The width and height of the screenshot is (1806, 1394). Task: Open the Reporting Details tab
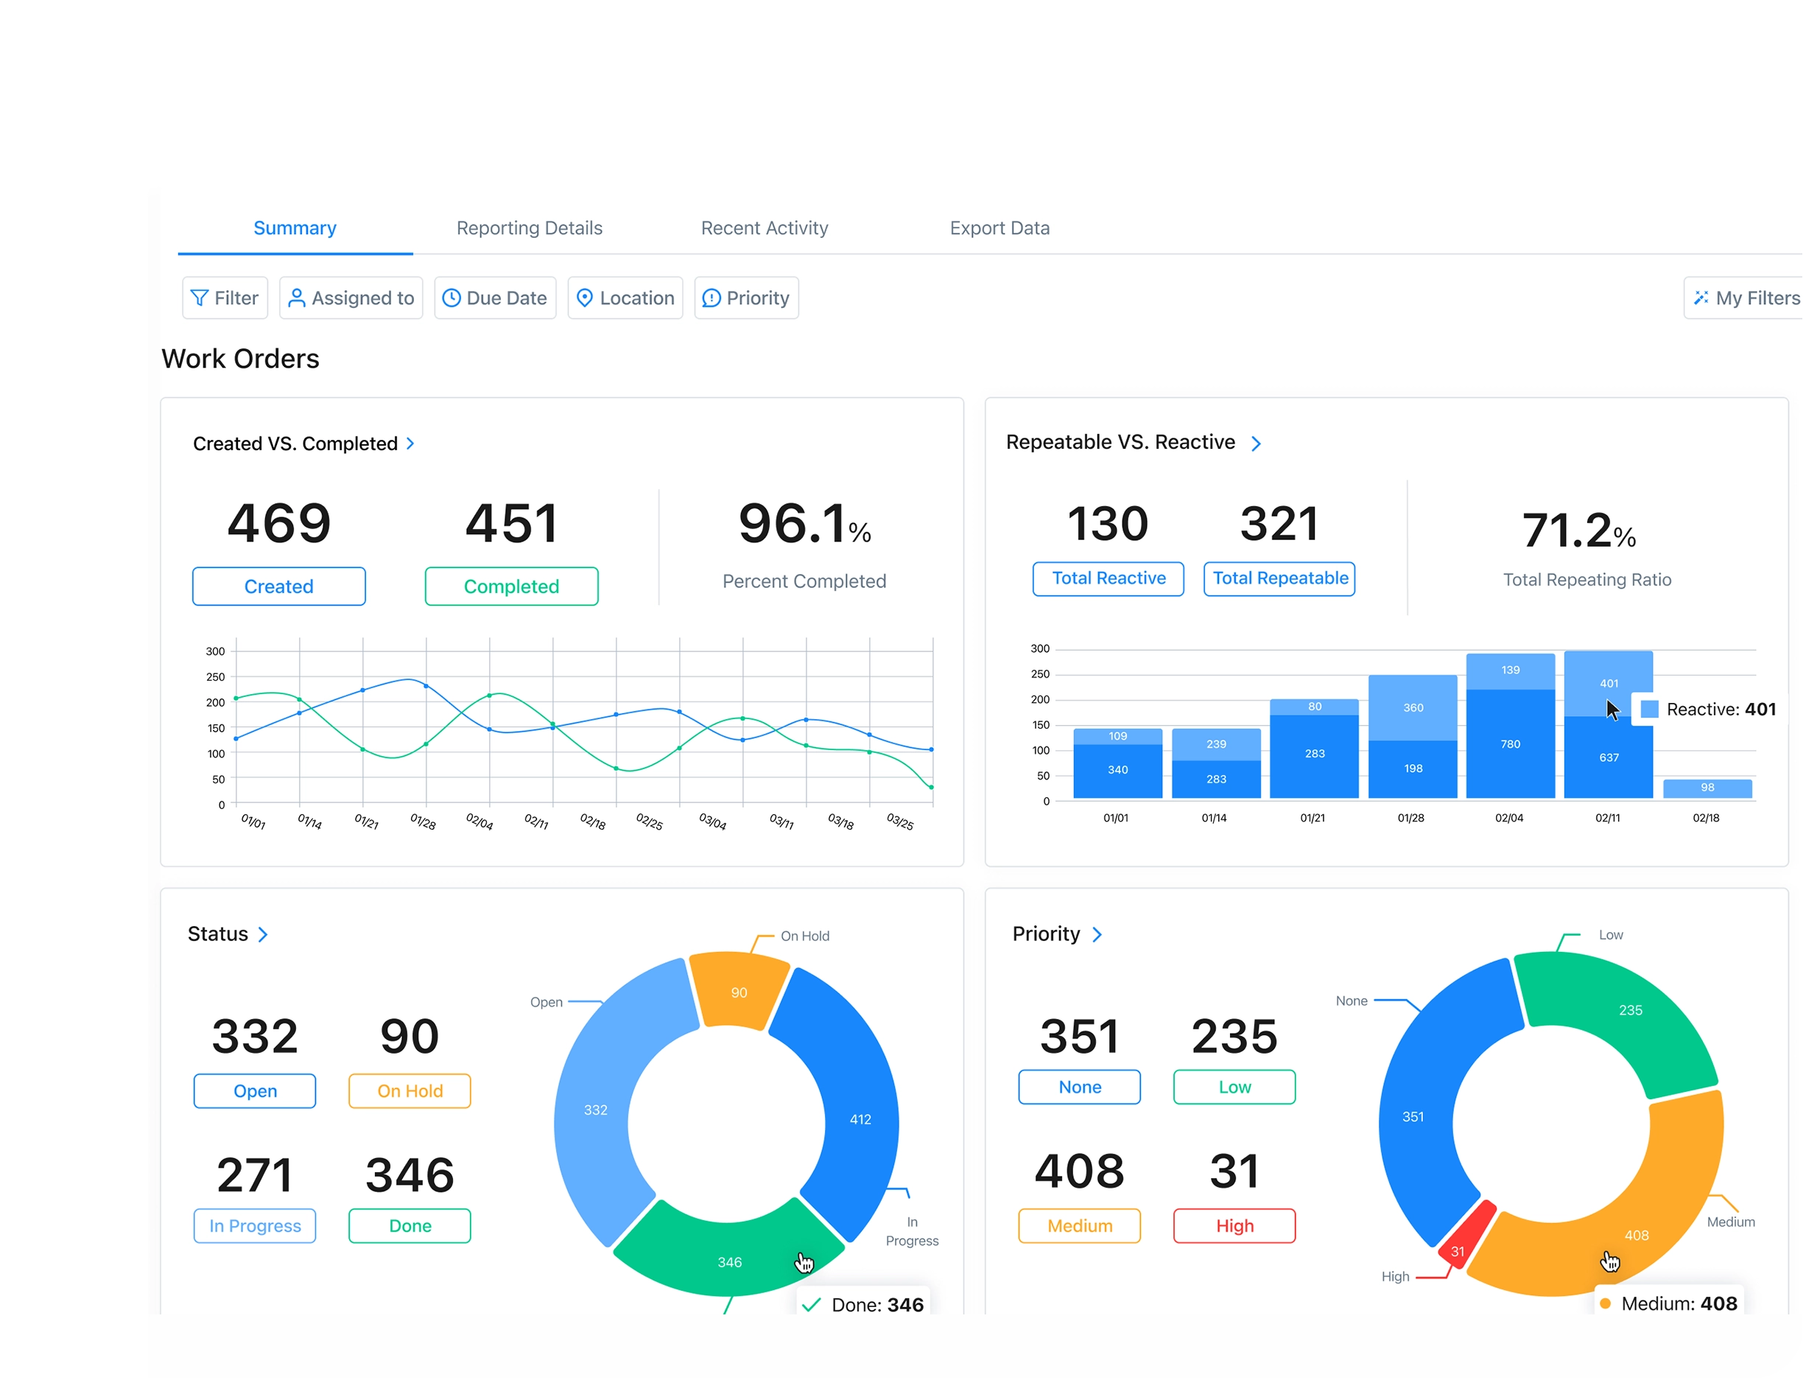(530, 228)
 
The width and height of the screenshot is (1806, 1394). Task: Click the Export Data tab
(999, 228)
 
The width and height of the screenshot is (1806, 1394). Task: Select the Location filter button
(625, 298)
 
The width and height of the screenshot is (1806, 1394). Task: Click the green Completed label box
(511, 586)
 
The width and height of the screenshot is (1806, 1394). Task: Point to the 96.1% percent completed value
(804, 525)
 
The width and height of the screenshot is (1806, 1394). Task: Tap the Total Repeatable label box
(1279, 578)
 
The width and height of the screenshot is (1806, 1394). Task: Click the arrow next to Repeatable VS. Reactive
(1256, 444)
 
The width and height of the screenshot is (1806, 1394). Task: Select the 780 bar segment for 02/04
(1510, 743)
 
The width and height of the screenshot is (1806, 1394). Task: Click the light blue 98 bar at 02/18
(1707, 788)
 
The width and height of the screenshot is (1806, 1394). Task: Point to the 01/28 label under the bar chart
(1410, 817)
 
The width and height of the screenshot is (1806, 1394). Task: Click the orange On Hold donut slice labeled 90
(739, 991)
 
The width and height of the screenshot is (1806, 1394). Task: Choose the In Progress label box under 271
(255, 1225)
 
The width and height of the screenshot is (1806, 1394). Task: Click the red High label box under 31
(1234, 1225)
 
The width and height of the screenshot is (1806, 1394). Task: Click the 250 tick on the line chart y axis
(215, 676)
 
